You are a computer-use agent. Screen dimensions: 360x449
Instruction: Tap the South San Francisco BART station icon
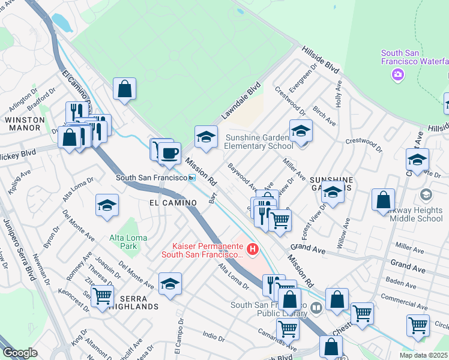click(x=192, y=178)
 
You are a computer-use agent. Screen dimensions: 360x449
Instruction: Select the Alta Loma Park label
click(x=124, y=242)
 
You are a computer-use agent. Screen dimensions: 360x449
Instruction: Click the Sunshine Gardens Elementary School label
click(x=259, y=142)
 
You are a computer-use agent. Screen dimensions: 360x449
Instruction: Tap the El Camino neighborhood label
click(x=173, y=203)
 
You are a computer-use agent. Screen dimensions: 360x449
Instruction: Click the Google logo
click(x=20, y=353)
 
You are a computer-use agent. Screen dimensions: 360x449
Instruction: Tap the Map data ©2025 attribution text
click(x=424, y=355)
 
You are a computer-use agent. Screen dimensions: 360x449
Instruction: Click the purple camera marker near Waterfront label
click(x=397, y=74)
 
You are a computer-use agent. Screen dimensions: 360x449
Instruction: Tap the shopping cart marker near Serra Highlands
click(x=103, y=295)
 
